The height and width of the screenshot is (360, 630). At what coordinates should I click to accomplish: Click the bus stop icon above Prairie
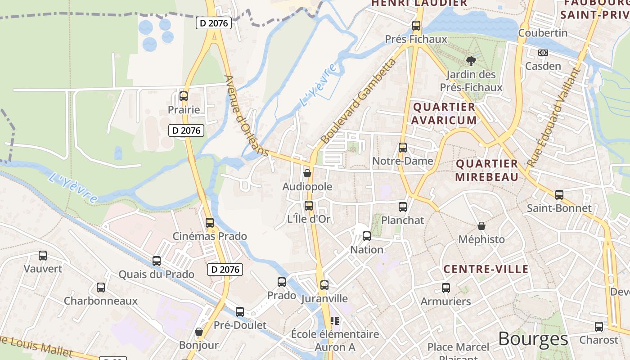point(183,96)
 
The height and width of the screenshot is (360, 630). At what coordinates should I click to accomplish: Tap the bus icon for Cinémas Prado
point(209,222)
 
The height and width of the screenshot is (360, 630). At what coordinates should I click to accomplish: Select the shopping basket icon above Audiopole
point(307,173)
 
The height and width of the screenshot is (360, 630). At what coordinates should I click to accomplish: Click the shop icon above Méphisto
point(481,225)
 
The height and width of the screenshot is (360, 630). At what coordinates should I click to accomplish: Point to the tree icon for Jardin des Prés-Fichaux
point(471,60)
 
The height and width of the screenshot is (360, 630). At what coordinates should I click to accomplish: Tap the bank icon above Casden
point(543,53)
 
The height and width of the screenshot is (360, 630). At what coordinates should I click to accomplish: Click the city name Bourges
point(533,339)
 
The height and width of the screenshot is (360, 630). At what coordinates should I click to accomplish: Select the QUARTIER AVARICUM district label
point(444,113)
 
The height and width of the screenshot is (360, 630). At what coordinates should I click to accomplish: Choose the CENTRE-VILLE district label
point(486,269)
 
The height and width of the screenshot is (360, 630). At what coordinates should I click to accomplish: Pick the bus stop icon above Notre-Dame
point(402,147)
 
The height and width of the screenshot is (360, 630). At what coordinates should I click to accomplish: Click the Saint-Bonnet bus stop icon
point(559,194)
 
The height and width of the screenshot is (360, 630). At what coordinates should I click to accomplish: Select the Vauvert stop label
point(43,269)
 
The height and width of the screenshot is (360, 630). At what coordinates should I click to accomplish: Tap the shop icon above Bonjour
point(199,332)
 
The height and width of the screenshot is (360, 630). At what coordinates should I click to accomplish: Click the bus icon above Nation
point(366,236)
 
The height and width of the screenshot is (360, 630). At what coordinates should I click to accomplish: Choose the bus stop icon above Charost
point(598,326)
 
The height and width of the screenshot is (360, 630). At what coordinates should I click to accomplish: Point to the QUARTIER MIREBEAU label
point(487,170)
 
